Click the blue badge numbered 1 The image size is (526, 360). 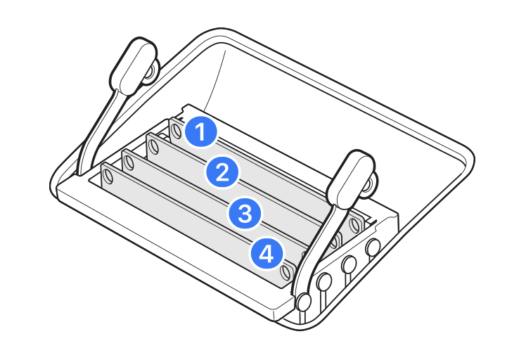tap(200, 131)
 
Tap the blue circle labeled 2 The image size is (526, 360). tap(222, 172)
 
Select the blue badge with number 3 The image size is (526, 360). tap(245, 213)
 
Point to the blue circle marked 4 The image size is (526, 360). tap(267, 254)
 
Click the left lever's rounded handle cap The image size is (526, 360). tap(134, 66)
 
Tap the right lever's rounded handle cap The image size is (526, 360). tap(351, 179)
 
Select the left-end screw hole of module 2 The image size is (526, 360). tap(154, 146)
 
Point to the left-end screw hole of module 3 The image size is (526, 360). tap(129, 163)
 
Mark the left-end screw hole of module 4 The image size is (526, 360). tap(108, 176)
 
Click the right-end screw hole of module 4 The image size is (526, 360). tap(286, 272)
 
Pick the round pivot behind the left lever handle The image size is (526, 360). tap(150, 73)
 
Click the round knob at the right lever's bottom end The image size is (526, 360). tap(304, 302)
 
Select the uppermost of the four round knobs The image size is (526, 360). tap(373, 247)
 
